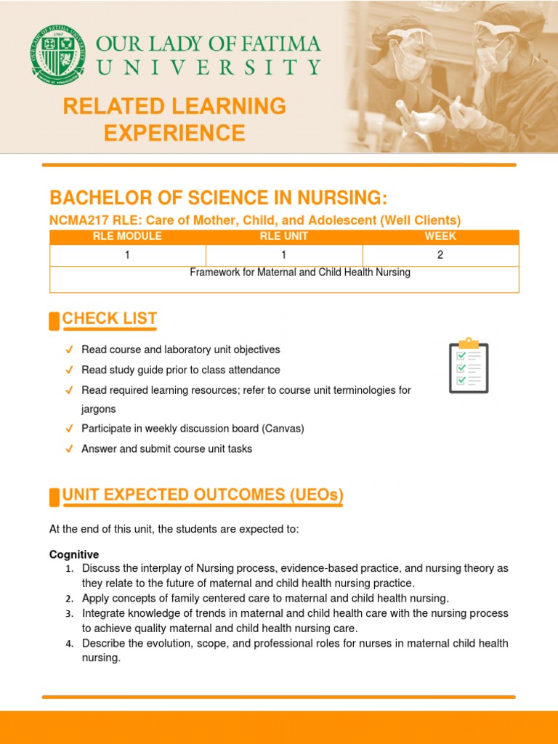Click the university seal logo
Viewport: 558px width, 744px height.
click(57, 54)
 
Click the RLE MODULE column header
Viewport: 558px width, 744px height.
click(127, 236)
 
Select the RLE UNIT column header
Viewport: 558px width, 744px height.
click(284, 236)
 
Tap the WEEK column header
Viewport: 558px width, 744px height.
click(440, 236)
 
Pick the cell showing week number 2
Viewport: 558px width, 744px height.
click(440, 255)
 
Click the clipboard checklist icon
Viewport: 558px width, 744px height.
click(469, 365)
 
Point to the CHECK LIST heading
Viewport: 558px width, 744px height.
click(109, 318)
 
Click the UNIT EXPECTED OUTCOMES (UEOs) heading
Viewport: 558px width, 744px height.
click(203, 496)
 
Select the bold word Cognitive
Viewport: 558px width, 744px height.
click(74, 554)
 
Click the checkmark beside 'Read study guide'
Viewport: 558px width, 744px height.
click(69, 370)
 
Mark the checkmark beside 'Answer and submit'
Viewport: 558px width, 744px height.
click(69, 449)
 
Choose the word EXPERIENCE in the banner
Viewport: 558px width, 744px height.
click(174, 133)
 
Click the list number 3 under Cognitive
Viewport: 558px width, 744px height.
click(69, 614)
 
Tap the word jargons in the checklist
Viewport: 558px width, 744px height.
click(99, 409)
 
